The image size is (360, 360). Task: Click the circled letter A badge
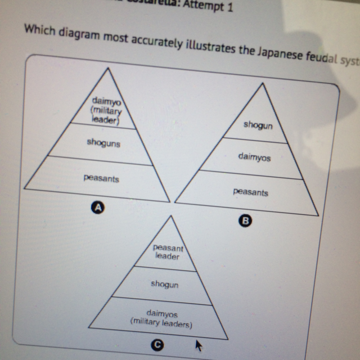(x=98, y=208)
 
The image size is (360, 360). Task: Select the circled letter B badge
(x=245, y=221)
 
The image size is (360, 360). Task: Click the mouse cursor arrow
(x=198, y=344)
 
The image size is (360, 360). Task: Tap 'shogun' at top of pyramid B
(x=258, y=125)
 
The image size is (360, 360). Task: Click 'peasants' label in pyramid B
(x=250, y=192)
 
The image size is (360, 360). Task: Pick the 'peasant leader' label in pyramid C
(x=167, y=253)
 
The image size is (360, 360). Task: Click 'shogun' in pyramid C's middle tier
(x=164, y=285)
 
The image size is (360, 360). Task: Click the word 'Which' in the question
(x=37, y=29)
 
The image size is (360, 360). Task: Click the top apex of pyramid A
(x=107, y=67)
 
